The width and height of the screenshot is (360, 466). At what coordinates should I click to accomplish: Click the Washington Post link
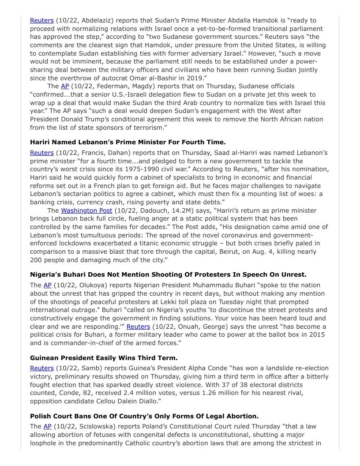pos(86,210)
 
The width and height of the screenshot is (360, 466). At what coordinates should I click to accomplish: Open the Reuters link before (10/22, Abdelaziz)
pos(41,20)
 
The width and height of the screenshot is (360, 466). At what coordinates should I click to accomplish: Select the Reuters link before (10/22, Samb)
pos(41,368)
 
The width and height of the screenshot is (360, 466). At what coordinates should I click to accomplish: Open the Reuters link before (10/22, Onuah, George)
pos(138,327)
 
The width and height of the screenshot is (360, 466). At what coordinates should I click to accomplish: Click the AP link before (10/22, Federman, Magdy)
pos(65,86)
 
